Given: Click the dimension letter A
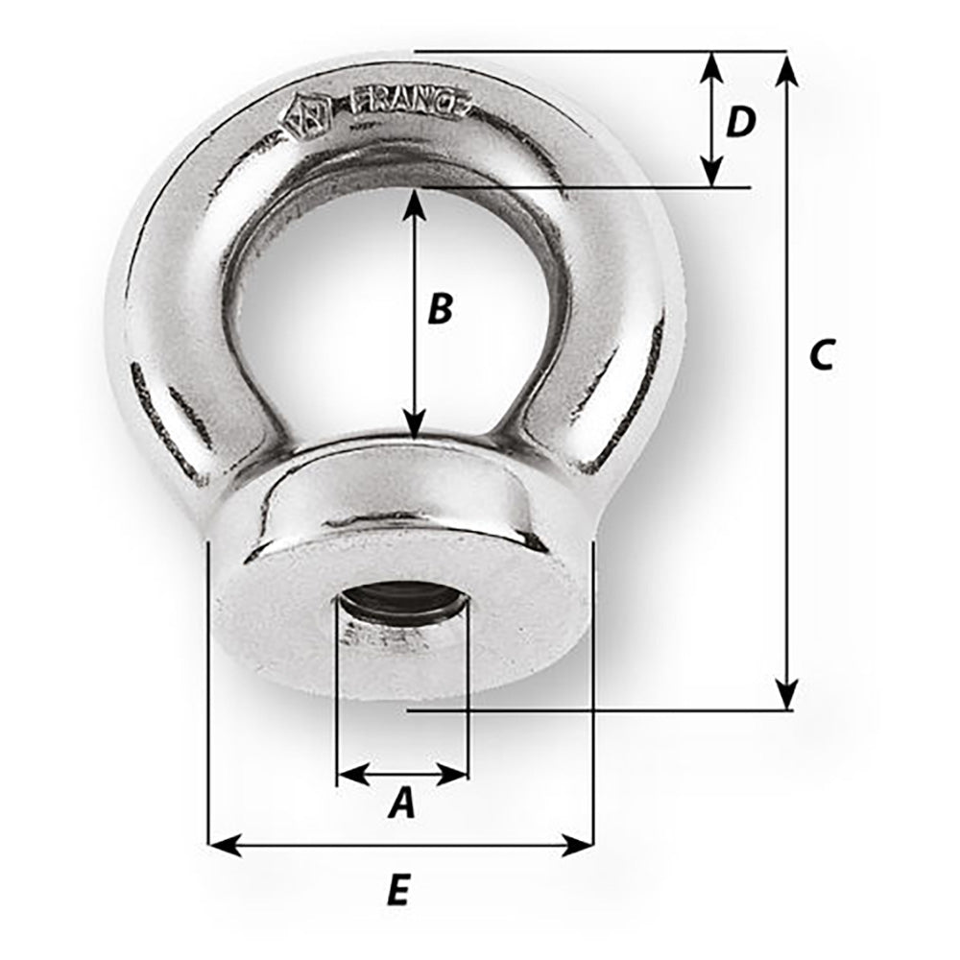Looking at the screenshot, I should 402,804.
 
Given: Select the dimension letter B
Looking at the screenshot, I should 439,309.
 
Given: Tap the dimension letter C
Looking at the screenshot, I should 822,354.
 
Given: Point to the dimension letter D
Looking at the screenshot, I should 740,122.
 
